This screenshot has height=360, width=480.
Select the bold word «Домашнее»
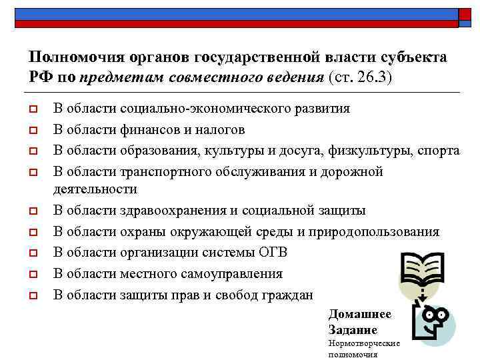click(360, 314)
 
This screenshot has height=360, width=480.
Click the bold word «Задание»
click(353, 329)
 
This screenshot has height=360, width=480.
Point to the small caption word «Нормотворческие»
click(364, 343)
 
